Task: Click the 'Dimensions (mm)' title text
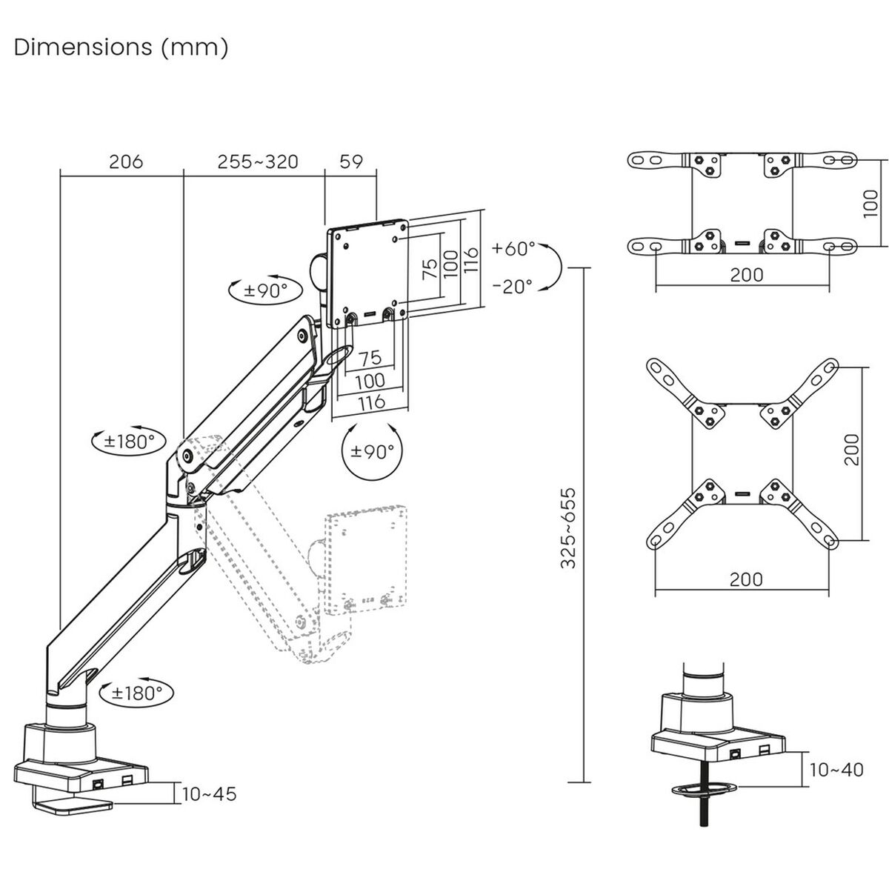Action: pyautogui.click(x=121, y=47)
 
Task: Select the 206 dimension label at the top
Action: pyautogui.click(x=125, y=162)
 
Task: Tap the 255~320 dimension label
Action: pyautogui.click(x=258, y=162)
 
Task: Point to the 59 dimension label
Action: pyautogui.click(x=351, y=162)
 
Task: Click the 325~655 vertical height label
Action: pyautogui.click(x=569, y=527)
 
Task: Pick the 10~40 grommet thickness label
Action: pyautogui.click(x=836, y=770)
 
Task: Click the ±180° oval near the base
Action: pyautogui.click(x=137, y=693)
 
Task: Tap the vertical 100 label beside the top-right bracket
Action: pyautogui.click(x=872, y=202)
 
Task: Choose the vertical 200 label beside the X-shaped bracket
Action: pyautogui.click(x=852, y=449)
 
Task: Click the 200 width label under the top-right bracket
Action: pyautogui.click(x=746, y=275)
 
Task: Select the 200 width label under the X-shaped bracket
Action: pyautogui.click(x=746, y=579)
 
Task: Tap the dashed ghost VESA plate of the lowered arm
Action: pyautogui.click(x=366, y=560)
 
